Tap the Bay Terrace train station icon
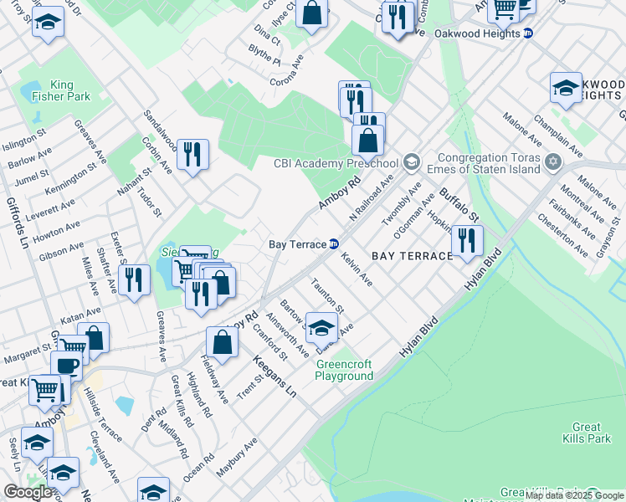334,244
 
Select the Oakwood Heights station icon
527,33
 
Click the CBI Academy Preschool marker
411,161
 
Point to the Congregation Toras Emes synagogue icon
552,161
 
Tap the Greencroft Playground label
343,370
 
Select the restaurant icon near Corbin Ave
193,153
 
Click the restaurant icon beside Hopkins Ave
467,240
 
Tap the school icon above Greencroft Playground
321,327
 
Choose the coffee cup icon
66,366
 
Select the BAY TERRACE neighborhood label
411,255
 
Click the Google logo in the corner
28,492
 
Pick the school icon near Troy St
48,22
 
